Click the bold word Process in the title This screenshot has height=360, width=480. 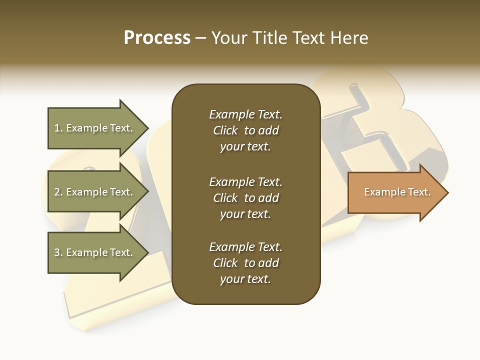157,38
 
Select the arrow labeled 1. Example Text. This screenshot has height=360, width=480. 95,128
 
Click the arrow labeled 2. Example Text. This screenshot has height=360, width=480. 95,192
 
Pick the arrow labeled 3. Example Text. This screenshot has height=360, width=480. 95,252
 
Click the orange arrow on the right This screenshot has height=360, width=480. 395,192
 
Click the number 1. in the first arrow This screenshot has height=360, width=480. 58,128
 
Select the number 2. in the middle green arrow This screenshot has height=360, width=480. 58,192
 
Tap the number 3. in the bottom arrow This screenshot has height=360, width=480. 58,252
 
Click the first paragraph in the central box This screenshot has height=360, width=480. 245,130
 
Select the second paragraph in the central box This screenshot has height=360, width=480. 245,198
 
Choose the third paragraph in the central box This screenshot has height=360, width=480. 245,263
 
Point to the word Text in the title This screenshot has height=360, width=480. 307,38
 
